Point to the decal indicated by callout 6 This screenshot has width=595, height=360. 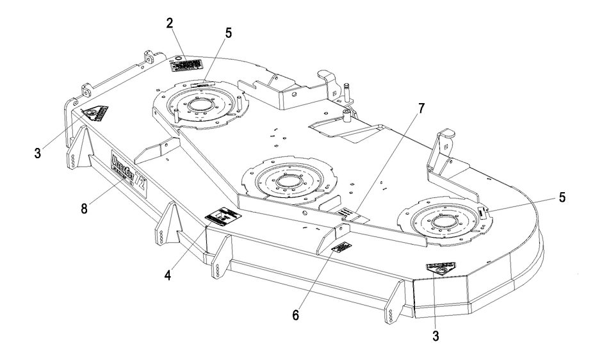pyautogui.click(x=340, y=249)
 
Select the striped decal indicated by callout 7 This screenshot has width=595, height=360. pyautogui.click(x=355, y=215)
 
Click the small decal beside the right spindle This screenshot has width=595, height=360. pyautogui.click(x=482, y=210)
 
